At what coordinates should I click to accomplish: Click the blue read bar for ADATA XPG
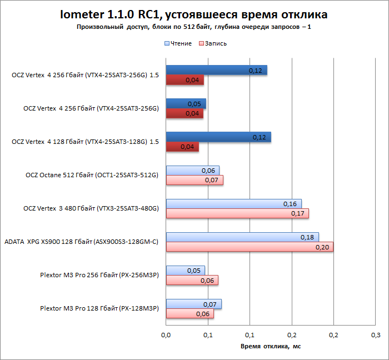[242, 237]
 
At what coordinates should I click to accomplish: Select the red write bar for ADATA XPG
[250, 247]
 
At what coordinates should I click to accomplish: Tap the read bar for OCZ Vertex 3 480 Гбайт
[233, 204]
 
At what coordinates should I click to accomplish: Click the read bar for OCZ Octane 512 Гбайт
[192, 171]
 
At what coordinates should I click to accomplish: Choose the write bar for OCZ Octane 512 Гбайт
[194, 180]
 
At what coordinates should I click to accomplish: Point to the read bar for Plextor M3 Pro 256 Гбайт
[185, 271]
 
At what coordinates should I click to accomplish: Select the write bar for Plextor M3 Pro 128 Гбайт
[189, 313]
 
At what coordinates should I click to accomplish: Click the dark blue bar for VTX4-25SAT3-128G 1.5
[218, 137]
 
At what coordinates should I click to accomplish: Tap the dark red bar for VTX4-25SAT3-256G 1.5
[185, 80]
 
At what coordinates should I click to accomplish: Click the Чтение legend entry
[177, 43]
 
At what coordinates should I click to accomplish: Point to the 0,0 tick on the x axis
[166, 335]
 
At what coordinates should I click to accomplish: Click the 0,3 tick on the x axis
[376, 335]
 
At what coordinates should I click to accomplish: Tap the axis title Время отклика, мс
[271, 346]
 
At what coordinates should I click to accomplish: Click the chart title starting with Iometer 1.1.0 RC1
[194, 14]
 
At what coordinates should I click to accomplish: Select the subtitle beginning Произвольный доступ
[194, 27]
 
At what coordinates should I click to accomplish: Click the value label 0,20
[322, 247]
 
